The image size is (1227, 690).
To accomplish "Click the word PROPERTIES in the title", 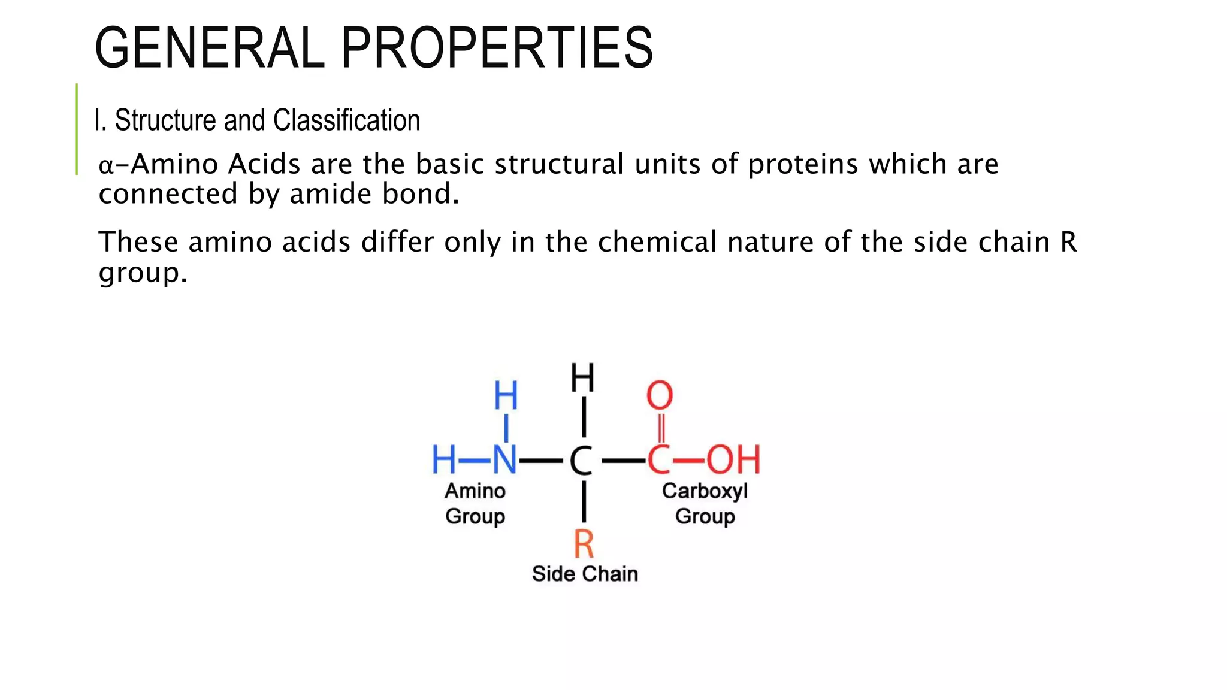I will point(497,48).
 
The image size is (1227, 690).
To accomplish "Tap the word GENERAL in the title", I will point(210,48).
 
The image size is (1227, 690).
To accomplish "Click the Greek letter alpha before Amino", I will point(106,165).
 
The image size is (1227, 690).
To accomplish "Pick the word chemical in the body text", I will point(657,242).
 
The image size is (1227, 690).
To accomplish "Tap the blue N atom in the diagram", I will point(504,460).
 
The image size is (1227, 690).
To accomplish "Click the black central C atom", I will point(581,461).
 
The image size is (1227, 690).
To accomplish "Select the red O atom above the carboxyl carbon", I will point(660,395).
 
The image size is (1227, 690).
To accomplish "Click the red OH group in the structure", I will point(733,460).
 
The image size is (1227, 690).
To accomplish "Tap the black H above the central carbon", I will point(582,377).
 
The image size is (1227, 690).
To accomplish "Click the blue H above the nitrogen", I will point(506,395).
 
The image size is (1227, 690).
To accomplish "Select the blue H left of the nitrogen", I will point(444,460).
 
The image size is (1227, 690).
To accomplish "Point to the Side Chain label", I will point(585,574).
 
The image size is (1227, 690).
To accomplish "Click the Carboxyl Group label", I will point(705,503).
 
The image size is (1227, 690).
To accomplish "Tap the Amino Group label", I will point(475,503).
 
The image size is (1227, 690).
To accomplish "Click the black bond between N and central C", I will point(541,461).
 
